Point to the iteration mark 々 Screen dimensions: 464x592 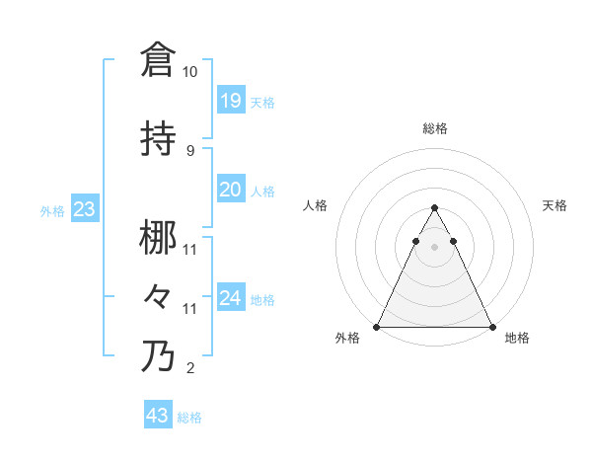tap(158, 296)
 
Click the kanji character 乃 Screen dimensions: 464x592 tap(158, 356)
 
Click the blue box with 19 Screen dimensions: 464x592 tap(230, 100)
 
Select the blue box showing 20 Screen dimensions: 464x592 tap(230, 190)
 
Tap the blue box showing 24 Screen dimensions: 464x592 tap(230, 298)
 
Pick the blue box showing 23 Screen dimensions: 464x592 tap(85, 209)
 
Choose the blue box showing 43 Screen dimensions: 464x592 tap(158, 416)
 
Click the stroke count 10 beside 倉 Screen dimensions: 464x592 tap(189, 72)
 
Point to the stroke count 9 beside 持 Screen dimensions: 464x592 tap(189, 150)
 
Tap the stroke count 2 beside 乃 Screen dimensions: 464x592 tap(189, 369)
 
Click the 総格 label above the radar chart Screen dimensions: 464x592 tap(434, 128)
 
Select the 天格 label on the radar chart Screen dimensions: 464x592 tap(555, 205)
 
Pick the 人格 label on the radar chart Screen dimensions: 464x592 tap(316, 205)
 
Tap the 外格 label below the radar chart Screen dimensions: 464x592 tap(347, 339)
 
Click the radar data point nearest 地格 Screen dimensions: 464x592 tap(491, 326)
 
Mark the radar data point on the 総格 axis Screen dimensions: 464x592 tap(434, 207)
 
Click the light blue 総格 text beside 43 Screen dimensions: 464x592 tap(189, 418)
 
